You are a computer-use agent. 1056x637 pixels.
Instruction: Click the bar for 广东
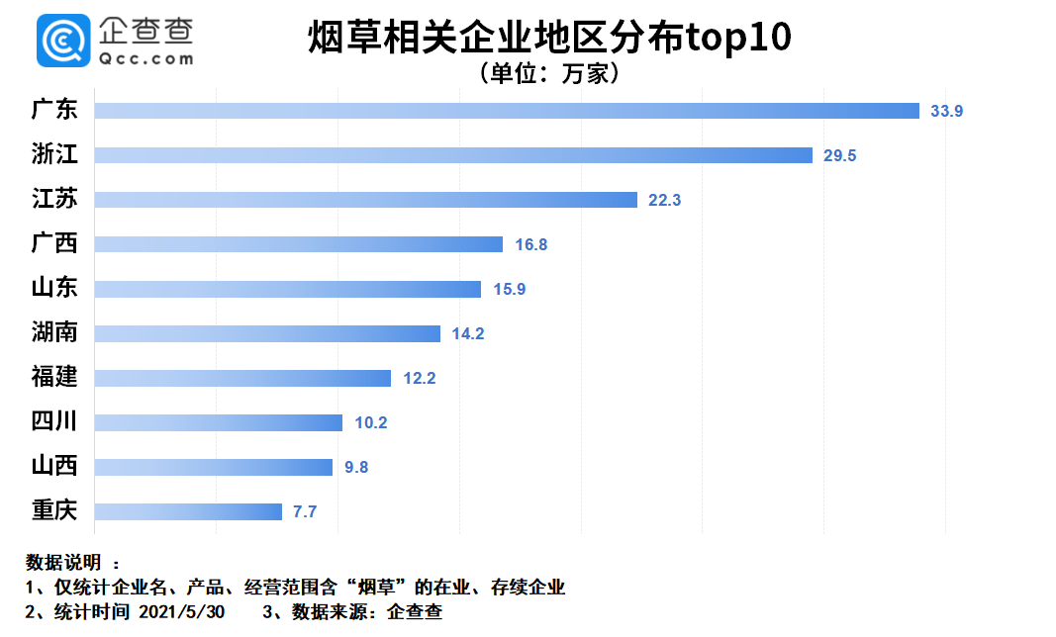click(507, 111)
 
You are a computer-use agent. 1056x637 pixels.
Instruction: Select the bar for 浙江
click(453, 155)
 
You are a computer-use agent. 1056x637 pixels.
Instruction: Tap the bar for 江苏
click(365, 200)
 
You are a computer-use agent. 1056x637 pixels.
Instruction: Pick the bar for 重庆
click(188, 511)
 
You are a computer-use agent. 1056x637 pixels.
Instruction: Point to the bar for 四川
click(218, 422)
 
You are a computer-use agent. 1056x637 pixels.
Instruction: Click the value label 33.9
click(946, 111)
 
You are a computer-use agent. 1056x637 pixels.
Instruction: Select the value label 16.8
click(529, 244)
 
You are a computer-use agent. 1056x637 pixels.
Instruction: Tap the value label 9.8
click(355, 467)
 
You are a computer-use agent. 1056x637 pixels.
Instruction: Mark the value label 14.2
click(467, 333)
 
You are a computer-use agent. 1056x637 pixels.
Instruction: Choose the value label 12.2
click(418, 378)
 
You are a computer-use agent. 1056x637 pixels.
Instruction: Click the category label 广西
click(54, 243)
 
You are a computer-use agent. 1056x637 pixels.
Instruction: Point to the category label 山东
click(54, 288)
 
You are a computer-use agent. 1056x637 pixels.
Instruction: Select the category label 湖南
click(54, 332)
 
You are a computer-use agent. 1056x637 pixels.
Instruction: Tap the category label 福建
click(54, 377)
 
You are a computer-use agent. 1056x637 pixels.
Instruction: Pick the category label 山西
click(54, 466)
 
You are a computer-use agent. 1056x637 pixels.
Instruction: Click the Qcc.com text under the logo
click(145, 59)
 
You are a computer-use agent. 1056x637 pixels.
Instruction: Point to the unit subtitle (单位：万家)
click(547, 74)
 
